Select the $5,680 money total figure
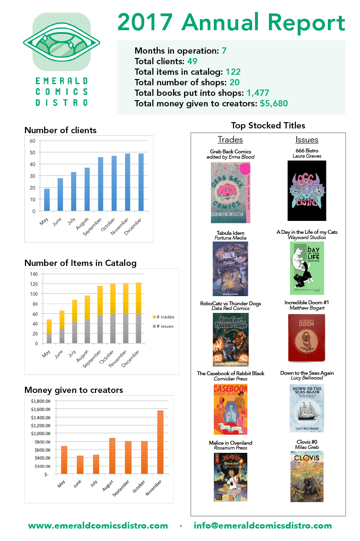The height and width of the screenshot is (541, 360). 274,103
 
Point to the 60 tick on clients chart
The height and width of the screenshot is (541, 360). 33,141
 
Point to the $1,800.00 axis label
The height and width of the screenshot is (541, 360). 40,401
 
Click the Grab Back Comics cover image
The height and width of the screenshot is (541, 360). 230,192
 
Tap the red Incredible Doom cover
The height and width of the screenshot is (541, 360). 307,338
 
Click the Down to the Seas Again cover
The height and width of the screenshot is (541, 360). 307,408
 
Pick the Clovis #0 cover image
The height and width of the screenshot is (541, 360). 307,476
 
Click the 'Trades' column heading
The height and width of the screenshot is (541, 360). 230,140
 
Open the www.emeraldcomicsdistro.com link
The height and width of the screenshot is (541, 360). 98,526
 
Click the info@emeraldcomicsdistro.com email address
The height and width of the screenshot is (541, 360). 263,526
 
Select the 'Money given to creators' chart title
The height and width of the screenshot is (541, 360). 73,390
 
